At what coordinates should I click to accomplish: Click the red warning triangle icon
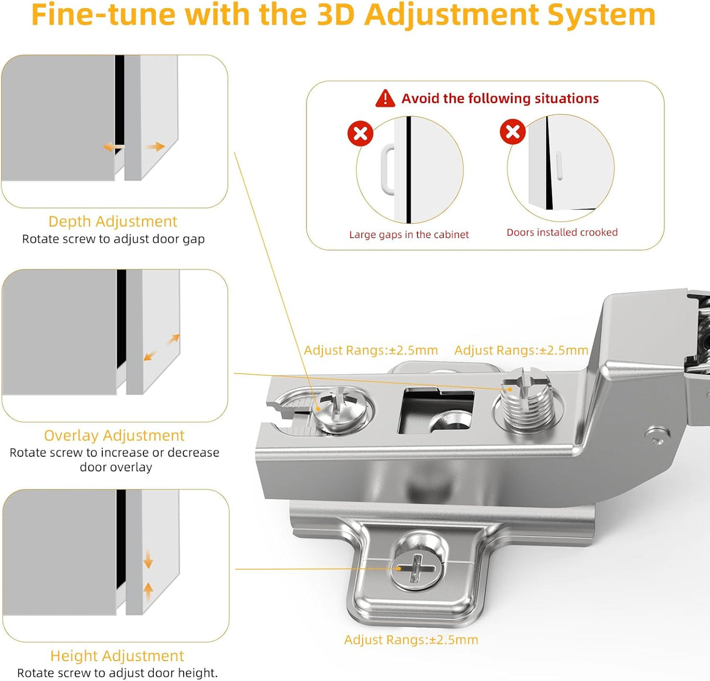click(x=385, y=98)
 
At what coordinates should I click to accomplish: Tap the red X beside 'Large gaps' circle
click(x=360, y=133)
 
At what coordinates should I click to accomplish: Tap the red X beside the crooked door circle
click(x=512, y=132)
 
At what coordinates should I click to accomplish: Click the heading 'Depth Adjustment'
click(x=113, y=222)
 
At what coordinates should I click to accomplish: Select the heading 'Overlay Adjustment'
click(x=114, y=435)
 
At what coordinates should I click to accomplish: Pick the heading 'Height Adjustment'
click(x=117, y=656)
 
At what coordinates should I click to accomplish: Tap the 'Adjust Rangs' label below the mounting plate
click(x=411, y=639)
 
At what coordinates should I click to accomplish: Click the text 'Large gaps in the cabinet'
click(x=409, y=234)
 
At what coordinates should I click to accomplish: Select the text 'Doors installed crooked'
click(x=561, y=232)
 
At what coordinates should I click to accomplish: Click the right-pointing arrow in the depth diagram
click(x=156, y=146)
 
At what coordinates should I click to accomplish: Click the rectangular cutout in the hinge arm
click(x=436, y=412)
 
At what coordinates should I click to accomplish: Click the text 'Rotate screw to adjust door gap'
click(x=113, y=239)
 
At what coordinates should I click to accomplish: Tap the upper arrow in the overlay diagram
click(x=174, y=338)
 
